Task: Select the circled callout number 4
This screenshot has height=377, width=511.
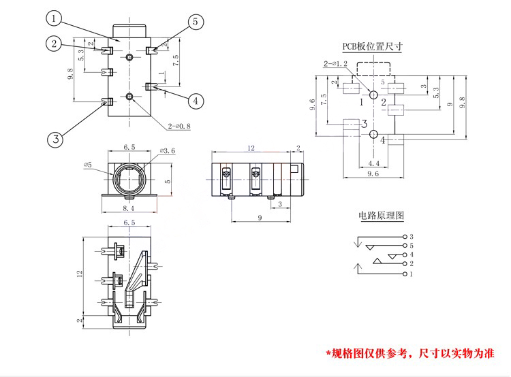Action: coord(196,101)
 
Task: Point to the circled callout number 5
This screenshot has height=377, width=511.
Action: coord(196,22)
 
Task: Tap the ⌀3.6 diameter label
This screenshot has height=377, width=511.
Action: coord(168,150)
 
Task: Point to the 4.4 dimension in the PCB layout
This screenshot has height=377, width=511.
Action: coord(374,163)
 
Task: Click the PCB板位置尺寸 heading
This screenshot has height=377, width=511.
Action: coord(373,47)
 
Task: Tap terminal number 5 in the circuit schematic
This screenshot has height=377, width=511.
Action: coord(411,245)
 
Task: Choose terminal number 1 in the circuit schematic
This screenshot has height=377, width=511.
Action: coord(411,274)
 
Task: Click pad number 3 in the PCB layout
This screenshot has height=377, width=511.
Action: coord(365,124)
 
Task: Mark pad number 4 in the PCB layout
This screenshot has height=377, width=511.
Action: coord(384,140)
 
